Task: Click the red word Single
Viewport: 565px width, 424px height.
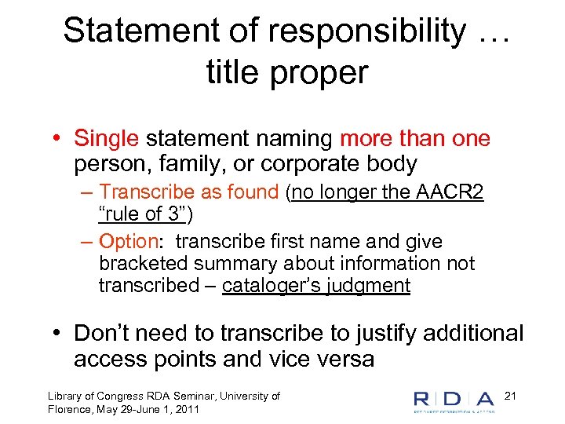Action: coord(106,139)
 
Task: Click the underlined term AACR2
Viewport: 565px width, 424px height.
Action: coord(454,192)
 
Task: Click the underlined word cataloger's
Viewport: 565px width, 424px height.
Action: coord(272,286)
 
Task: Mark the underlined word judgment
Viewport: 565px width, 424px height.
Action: coord(372,286)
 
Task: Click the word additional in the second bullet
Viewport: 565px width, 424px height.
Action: coord(471,333)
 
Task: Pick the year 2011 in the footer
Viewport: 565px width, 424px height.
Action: coord(187,410)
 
